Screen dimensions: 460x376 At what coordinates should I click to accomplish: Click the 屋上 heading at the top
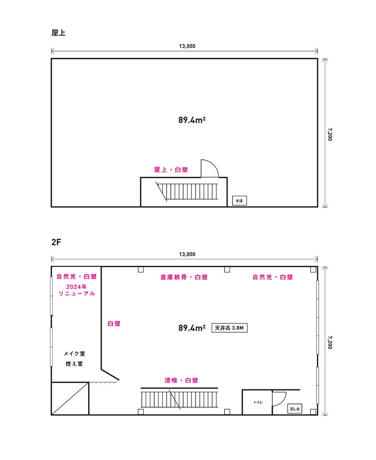click(58, 33)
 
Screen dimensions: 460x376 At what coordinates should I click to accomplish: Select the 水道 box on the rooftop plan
click(239, 201)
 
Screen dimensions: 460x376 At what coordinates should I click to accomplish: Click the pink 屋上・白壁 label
click(171, 170)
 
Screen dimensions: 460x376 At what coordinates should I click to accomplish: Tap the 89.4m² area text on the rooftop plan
click(191, 120)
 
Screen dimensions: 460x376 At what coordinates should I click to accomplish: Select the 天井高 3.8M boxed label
click(229, 328)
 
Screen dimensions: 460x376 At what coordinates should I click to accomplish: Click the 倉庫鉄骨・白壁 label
click(184, 277)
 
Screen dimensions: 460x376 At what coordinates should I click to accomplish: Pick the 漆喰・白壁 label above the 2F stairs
click(181, 380)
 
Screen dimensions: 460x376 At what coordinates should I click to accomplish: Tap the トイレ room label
click(258, 402)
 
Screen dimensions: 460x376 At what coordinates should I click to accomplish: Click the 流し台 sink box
click(295, 409)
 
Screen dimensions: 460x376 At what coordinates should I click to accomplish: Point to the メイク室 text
click(74, 354)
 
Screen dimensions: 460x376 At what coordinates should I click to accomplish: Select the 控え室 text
click(74, 364)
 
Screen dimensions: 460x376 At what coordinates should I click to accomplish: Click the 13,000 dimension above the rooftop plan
click(187, 46)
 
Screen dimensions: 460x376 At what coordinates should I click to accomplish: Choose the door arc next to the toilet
click(280, 398)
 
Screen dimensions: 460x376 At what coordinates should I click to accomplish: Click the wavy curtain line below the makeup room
click(104, 382)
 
